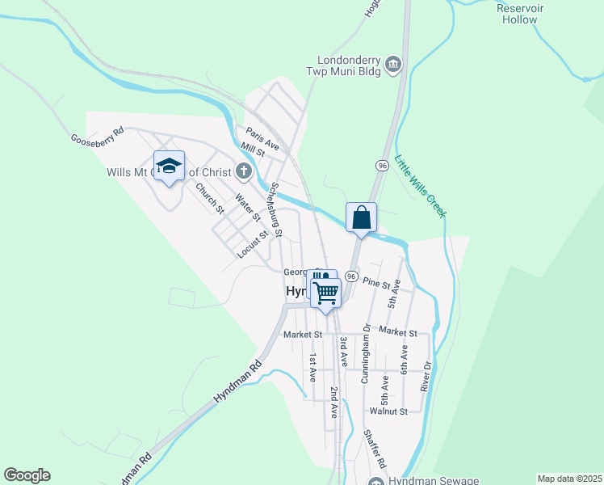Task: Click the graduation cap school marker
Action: (x=169, y=167)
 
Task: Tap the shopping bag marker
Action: (x=361, y=217)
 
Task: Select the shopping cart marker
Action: (x=326, y=293)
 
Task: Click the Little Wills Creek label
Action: (x=420, y=186)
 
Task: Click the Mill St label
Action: (x=254, y=150)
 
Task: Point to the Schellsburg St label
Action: (x=275, y=209)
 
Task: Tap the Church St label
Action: (x=210, y=198)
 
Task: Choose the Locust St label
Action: (x=252, y=246)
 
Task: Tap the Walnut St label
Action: (x=388, y=411)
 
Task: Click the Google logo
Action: (x=27, y=475)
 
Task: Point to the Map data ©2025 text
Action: (x=568, y=479)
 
